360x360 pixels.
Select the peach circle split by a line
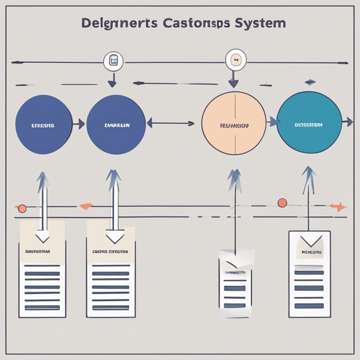click(233, 123)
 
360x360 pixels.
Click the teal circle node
click(309, 123)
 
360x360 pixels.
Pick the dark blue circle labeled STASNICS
click(44, 125)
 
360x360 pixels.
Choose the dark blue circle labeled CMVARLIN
click(116, 125)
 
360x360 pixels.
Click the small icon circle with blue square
click(113, 61)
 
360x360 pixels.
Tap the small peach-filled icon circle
click(235, 60)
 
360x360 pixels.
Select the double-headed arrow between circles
click(171, 124)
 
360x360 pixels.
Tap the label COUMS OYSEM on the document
click(111, 252)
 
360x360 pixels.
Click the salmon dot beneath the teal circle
click(282, 202)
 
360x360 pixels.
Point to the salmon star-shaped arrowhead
click(338, 207)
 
